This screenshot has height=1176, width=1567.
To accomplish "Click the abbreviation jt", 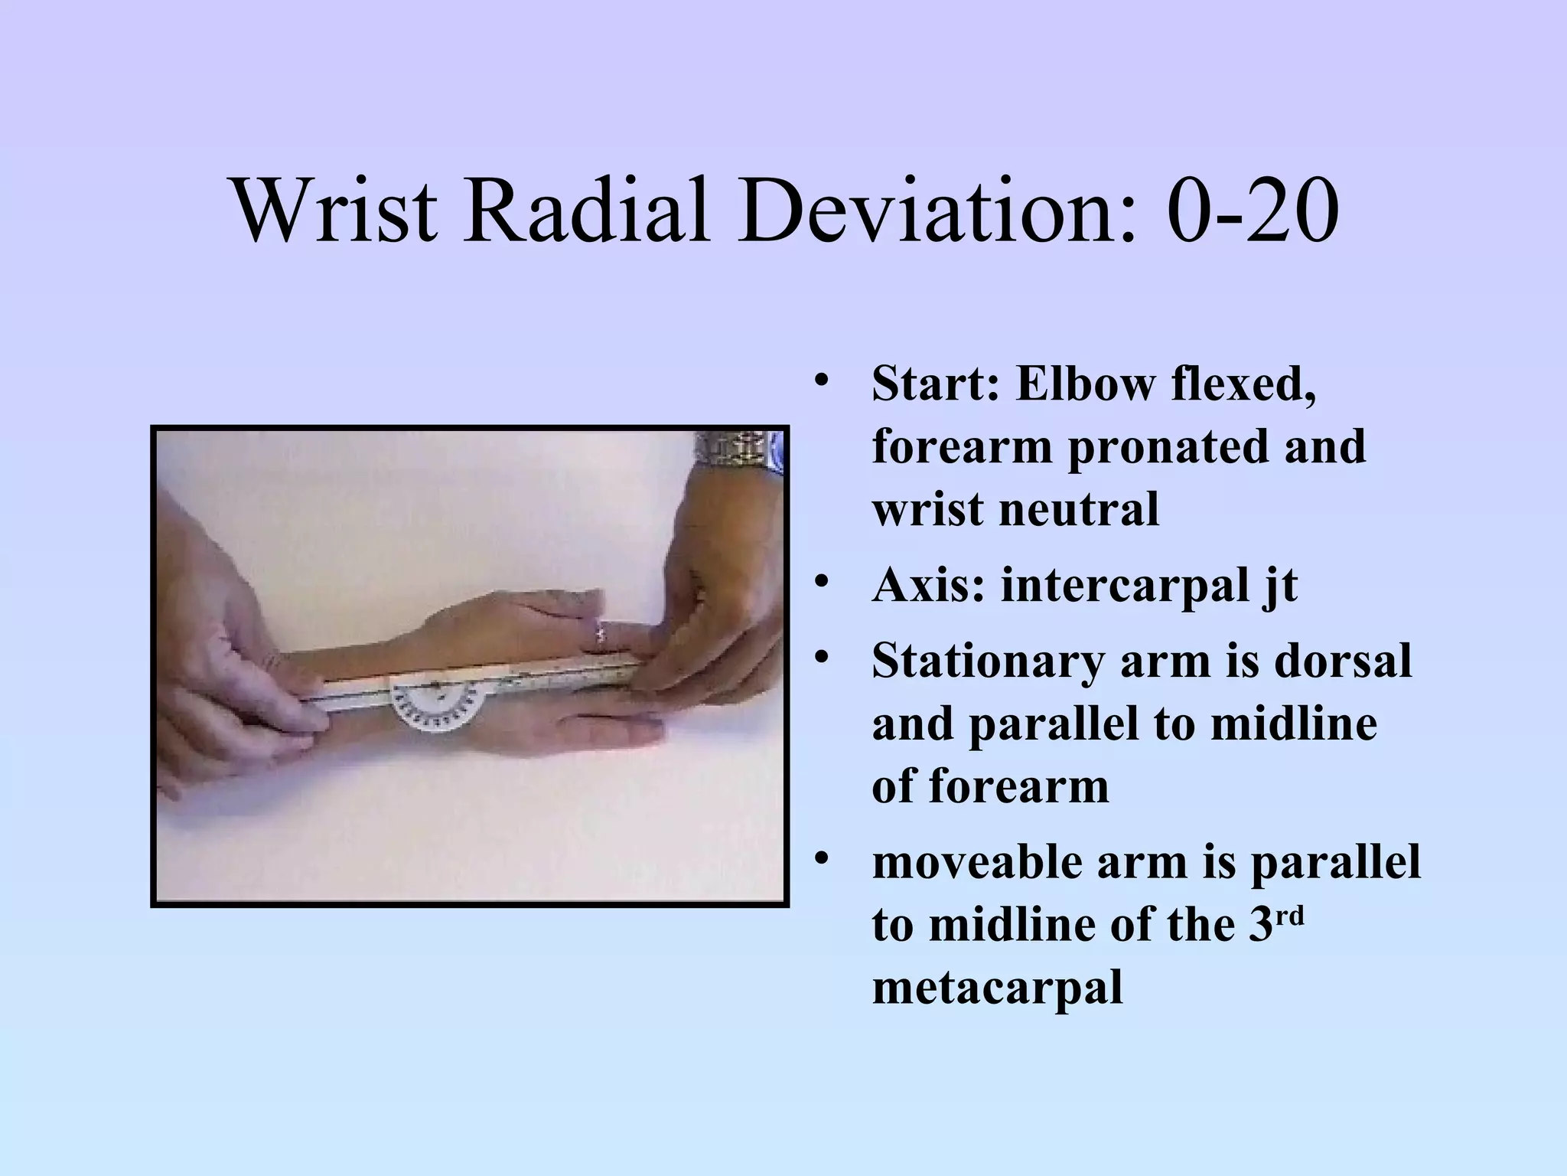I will click(1279, 588).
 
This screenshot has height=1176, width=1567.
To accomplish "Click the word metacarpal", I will click(997, 988).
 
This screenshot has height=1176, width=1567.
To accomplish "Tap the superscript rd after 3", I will click(1290, 915).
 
